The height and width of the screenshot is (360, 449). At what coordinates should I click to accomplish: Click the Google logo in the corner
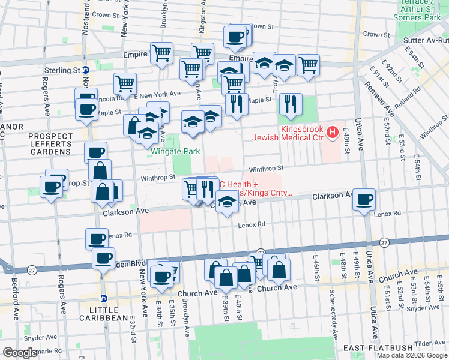(19, 353)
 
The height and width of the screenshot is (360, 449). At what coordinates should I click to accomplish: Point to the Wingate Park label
(175, 152)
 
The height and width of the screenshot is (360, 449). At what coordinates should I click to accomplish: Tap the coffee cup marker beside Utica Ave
(364, 200)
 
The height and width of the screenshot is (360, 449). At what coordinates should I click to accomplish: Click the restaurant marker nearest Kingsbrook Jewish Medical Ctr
(290, 103)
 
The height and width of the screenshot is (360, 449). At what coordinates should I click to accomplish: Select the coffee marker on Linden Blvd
(103, 259)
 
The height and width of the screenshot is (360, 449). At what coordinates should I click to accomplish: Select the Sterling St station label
(62, 70)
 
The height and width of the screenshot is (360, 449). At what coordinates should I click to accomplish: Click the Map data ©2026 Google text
(412, 355)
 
